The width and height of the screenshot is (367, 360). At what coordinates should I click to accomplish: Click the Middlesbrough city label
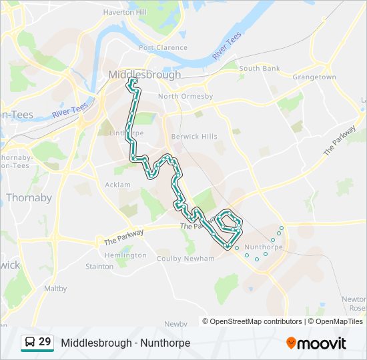144,75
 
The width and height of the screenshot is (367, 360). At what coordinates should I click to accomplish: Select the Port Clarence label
163,48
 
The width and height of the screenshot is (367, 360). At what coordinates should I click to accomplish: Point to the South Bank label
260,69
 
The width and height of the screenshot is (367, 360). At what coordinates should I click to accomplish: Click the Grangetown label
314,77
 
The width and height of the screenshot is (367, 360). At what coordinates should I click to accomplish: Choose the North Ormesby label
186,97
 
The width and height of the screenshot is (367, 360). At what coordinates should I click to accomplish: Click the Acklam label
118,185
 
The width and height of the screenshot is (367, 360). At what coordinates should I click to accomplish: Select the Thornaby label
29,197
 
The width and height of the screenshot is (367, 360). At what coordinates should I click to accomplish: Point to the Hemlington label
125,255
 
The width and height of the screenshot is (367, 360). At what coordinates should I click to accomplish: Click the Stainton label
99,267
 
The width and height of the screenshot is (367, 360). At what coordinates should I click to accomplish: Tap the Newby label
175,323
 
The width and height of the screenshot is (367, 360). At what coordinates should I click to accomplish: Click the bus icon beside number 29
29,343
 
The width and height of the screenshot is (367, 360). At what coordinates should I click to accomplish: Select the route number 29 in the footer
45,342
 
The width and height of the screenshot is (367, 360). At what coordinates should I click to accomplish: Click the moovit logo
316,343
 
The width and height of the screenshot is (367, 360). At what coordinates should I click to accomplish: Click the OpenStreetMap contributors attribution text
256,321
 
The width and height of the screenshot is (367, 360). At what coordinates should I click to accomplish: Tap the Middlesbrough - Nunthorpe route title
125,343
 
